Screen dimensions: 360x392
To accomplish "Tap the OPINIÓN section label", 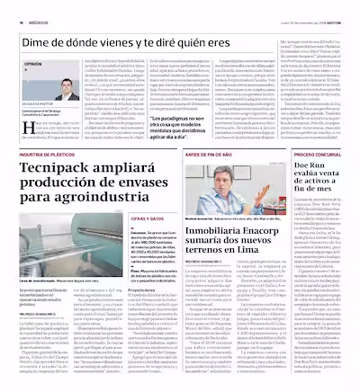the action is [33, 66].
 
